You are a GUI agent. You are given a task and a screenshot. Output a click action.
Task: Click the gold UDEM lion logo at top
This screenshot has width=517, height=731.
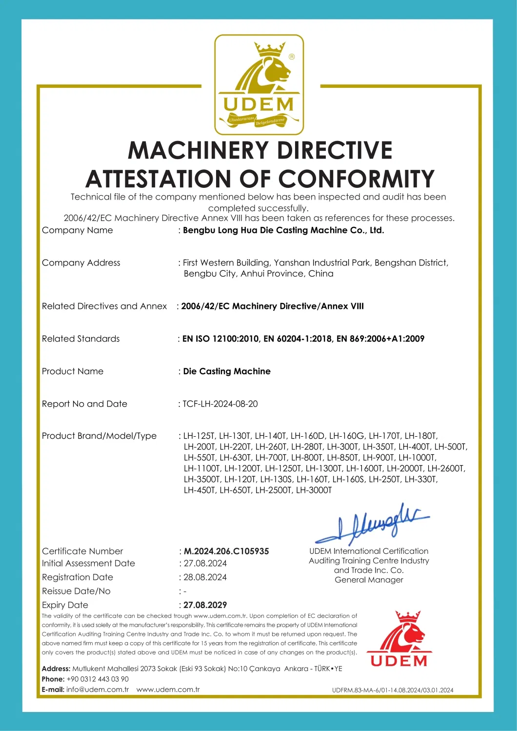click(259, 84)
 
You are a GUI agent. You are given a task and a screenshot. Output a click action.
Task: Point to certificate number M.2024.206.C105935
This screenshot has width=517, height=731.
click(226, 551)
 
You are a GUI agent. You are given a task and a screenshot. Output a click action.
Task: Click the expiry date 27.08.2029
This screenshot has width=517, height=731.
click(205, 605)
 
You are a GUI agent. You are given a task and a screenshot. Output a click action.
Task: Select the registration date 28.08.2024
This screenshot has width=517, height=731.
click(205, 577)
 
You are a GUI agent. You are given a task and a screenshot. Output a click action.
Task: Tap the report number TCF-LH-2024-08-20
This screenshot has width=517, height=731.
click(220, 404)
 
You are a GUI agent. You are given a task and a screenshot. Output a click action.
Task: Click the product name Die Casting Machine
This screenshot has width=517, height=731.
click(227, 371)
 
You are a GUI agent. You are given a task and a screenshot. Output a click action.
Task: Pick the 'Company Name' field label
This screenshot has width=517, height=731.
click(78, 230)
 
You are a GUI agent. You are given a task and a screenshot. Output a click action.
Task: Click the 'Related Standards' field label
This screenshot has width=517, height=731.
click(81, 338)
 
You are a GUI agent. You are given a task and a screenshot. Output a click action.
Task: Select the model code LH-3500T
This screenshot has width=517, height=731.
click(202, 479)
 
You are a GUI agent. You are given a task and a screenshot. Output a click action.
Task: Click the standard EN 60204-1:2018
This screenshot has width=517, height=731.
click(298, 338)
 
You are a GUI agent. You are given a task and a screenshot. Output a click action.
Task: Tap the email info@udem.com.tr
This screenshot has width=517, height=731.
click(98, 690)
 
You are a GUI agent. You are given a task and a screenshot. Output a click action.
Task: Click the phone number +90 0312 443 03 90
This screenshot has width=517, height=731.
click(98, 679)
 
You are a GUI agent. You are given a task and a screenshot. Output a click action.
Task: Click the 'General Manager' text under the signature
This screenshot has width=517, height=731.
click(369, 580)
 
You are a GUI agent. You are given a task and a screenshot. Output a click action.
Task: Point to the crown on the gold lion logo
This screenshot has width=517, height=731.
click(269, 49)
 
